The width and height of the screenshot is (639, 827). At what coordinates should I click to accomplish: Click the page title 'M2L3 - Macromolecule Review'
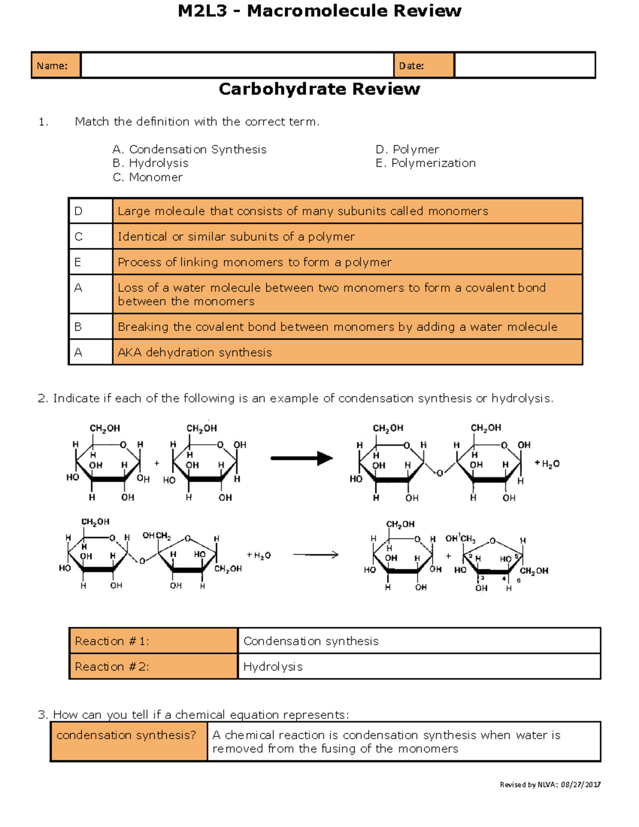coord(319,11)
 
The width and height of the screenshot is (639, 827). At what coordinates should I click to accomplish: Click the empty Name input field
coord(237,65)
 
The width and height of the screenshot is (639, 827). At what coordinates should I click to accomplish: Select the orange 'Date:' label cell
coord(423,65)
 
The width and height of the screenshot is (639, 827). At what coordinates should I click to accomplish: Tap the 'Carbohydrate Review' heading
coord(319,89)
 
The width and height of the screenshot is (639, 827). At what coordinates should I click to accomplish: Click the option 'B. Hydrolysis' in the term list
coord(151,163)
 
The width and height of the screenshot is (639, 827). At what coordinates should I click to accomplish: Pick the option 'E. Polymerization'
coord(425,163)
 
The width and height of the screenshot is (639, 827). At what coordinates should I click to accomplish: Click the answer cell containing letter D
coord(91,211)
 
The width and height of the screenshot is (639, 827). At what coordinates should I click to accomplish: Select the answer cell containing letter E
coord(91,262)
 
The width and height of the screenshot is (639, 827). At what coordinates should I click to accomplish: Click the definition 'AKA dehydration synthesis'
coord(195,352)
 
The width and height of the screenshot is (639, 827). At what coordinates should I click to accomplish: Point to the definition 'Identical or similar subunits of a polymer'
coord(236,236)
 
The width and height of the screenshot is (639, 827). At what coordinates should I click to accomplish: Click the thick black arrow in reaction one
coord(301,458)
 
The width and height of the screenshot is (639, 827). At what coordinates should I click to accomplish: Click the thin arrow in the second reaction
coord(316,555)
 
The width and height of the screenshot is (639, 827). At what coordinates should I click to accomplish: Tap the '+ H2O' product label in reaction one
coord(547,464)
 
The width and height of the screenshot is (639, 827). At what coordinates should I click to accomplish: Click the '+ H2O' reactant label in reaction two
coord(259,555)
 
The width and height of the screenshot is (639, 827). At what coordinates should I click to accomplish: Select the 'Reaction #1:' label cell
coord(153,641)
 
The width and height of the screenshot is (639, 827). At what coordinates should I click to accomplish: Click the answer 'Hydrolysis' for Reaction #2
coord(273,667)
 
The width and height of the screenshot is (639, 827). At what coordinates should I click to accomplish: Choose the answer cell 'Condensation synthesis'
coord(311,641)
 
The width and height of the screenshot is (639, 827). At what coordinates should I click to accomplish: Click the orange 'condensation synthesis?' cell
coord(128,741)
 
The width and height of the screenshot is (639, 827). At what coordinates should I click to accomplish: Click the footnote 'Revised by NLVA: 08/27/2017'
coord(550,784)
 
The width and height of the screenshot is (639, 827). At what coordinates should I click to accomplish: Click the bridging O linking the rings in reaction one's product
coord(440,473)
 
